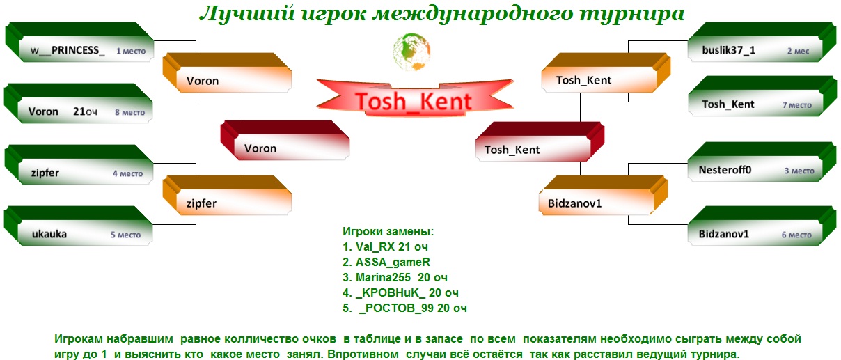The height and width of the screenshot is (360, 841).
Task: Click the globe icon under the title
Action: click(411, 52)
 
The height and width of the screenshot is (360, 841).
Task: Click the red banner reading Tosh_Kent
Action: click(414, 98)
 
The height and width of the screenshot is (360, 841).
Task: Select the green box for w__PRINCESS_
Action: click(79, 42)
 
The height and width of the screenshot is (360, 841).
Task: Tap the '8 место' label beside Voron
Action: click(130, 112)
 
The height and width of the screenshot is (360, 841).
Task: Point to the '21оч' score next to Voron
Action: click(85, 111)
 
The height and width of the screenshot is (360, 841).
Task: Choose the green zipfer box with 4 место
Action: click(79, 165)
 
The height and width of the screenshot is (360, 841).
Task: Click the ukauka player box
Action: click(78, 226)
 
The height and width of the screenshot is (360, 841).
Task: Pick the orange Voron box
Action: click(227, 73)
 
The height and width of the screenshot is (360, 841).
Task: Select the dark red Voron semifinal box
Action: click(285, 141)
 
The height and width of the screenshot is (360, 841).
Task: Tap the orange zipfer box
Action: click(227, 195)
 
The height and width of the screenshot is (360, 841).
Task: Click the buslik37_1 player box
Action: click(762, 42)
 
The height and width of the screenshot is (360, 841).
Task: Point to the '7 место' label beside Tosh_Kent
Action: click(797, 105)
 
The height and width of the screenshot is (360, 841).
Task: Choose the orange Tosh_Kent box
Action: click(606, 73)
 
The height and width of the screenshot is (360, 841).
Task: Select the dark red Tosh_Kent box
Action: click(540, 142)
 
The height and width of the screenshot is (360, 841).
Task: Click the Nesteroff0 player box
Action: click(762, 162)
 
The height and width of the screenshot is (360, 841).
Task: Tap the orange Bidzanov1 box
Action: click(603, 195)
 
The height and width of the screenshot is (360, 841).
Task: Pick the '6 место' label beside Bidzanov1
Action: click(796, 235)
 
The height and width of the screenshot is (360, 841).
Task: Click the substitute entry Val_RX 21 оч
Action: click(385, 246)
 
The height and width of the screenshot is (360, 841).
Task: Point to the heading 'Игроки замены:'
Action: click(388, 232)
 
